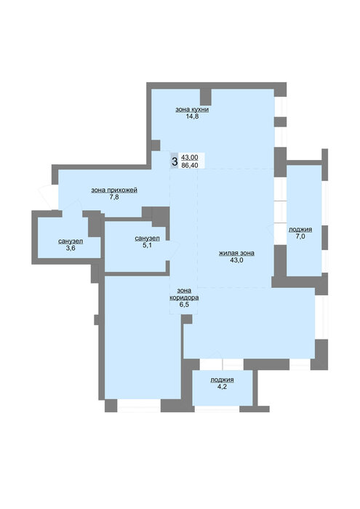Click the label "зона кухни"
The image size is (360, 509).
pyautogui.click(x=192, y=109)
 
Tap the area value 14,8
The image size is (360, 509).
pyautogui.click(x=192, y=116)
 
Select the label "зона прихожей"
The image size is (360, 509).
pyautogui.click(x=114, y=190)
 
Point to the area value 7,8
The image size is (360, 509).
pyautogui.click(x=114, y=197)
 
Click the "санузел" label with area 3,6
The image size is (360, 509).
pyautogui.click(x=71, y=241)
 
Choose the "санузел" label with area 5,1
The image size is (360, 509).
pyautogui.click(x=147, y=239)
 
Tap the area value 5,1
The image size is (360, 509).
pyautogui.click(x=147, y=246)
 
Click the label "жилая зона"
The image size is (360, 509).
pyautogui.click(x=236, y=253)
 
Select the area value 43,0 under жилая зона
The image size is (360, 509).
pyautogui.click(x=236, y=260)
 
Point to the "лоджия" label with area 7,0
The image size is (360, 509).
pyautogui.click(x=300, y=229)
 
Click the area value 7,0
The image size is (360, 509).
pyautogui.click(x=300, y=236)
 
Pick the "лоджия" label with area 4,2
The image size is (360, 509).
pyautogui.click(x=222, y=380)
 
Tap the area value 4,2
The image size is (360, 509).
pyautogui.click(x=222, y=387)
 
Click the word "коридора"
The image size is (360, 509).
pyautogui.click(x=184, y=297)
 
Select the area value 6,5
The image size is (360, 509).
pyautogui.click(x=184, y=305)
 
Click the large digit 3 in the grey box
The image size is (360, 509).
pyautogui.click(x=175, y=161)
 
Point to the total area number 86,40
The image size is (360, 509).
pyautogui.click(x=190, y=165)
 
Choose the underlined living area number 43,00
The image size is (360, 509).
pyautogui.click(x=190, y=157)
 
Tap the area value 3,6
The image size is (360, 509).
pyautogui.click(x=71, y=249)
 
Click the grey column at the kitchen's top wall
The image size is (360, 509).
pyautogui.click(x=206, y=97)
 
